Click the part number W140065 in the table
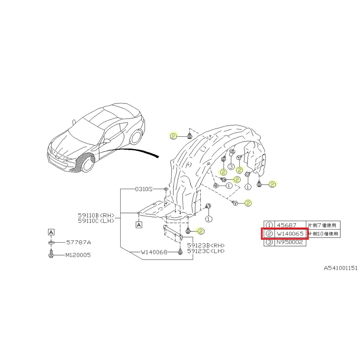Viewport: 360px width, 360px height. click(x=290, y=233)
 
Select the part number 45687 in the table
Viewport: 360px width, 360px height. click(x=287, y=225)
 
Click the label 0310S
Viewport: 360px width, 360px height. click(x=144, y=189)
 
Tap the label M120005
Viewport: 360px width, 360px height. click(x=78, y=255)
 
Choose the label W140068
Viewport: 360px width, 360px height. click(x=154, y=252)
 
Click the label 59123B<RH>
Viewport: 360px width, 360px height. click(x=206, y=245)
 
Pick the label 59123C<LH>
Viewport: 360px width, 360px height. click(x=206, y=251)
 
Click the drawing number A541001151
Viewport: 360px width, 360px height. click(x=341, y=268)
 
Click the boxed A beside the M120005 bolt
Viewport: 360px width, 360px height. click(x=51, y=232)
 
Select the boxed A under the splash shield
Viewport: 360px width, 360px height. click(x=139, y=224)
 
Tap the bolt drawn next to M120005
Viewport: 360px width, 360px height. click(x=51, y=254)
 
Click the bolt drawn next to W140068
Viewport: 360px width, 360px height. click(x=180, y=252)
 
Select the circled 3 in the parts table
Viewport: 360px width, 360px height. click(x=269, y=242)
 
